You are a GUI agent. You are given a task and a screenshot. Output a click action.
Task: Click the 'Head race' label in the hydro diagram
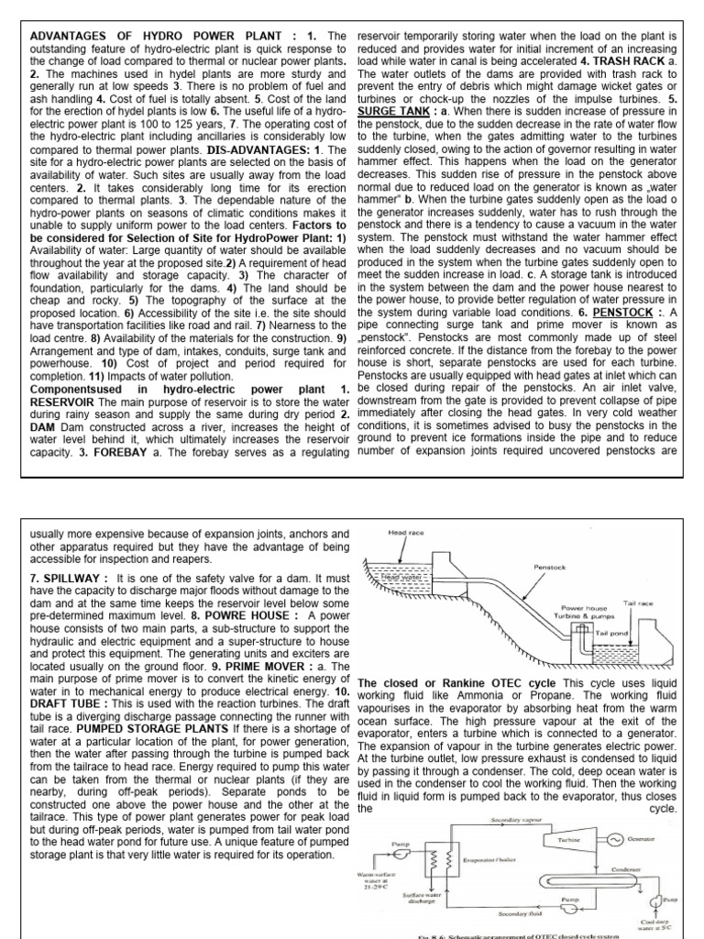[404, 533]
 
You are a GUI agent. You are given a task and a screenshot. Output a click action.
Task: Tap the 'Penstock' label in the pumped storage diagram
[550, 568]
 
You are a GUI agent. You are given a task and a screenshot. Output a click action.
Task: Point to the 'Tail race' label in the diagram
[638, 602]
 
